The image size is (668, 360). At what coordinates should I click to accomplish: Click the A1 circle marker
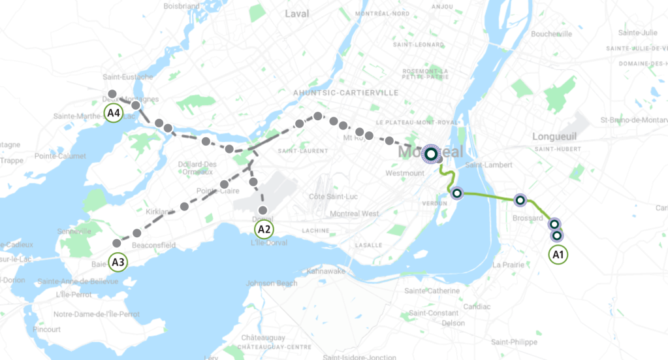pos(558,254)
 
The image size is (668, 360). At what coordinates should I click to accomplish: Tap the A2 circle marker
pos(264,229)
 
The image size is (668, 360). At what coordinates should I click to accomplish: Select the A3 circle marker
pos(118,263)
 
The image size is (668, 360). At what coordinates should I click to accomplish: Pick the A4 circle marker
pos(114,112)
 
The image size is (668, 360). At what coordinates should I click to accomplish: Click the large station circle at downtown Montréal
pos(431,154)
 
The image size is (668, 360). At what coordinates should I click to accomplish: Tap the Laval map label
pos(297,13)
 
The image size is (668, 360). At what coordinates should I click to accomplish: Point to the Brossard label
pos(528,218)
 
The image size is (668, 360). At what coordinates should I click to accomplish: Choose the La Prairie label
pos(509,265)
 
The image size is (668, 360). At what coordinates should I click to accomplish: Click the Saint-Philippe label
pos(515,342)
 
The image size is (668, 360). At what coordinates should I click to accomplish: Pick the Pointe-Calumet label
pos(60,156)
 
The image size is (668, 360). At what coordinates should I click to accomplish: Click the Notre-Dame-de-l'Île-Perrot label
pos(97,314)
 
